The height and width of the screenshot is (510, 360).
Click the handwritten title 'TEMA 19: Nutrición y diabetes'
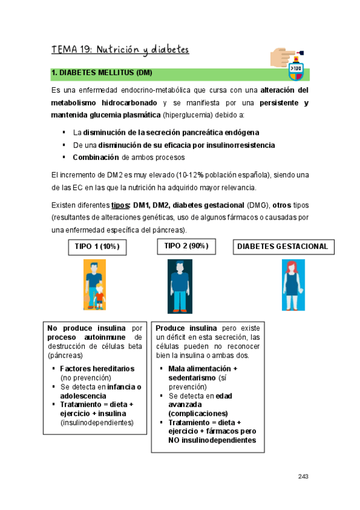[x=120, y=49]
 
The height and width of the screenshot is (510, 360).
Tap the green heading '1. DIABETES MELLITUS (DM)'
[x=102, y=73]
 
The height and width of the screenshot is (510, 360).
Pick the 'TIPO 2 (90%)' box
[x=186, y=245]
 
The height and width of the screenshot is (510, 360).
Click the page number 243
[x=303, y=476]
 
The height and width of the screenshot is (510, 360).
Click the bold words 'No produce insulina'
[x=87, y=328]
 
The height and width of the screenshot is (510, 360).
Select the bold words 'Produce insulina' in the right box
[x=186, y=328]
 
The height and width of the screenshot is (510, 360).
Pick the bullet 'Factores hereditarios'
[x=97, y=368]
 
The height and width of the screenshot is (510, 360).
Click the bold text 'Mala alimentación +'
[x=203, y=368]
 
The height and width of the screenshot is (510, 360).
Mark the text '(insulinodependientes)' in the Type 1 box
[x=96, y=423]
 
